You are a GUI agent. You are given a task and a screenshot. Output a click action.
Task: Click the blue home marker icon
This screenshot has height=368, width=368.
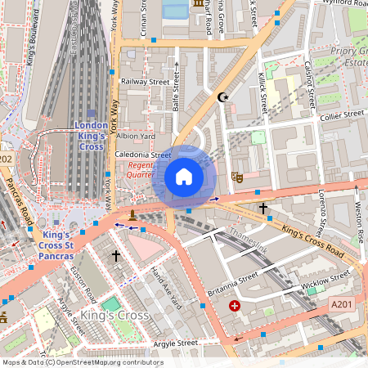click(184, 177)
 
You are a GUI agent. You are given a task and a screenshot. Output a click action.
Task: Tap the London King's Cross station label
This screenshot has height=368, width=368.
click(90, 136)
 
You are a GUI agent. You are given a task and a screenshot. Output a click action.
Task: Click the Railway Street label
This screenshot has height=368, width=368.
click(144, 82)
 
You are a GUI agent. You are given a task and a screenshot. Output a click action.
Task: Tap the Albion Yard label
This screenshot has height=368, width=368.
click(136, 136)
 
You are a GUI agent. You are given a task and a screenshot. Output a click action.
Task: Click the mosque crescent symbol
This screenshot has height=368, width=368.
click(222, 97)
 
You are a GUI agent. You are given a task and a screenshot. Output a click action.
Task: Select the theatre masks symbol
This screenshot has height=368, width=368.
click(238, 176)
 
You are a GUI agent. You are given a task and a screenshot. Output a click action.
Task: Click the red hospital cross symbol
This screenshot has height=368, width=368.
click(235, 306)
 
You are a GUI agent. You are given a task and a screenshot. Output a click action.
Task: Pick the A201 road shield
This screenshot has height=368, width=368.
click(342, 304)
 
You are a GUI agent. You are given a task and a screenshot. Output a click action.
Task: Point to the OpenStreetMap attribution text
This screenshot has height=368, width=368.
click(83, 361)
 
